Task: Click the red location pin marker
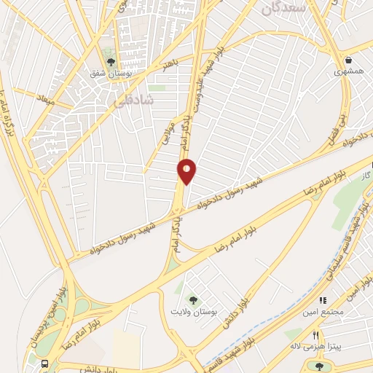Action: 187,170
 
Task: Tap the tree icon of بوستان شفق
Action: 111,62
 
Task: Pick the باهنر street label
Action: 170,65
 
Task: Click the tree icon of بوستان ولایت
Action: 193,299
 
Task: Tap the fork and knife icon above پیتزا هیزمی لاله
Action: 315,335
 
